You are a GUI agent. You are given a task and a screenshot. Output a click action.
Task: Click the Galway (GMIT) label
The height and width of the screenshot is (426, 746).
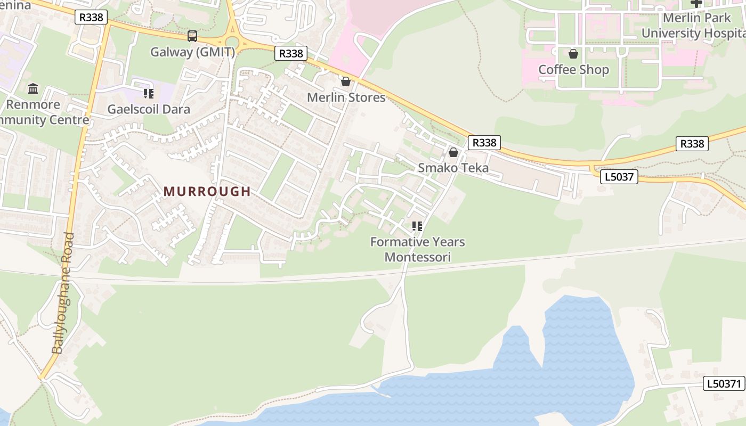coord(192,52)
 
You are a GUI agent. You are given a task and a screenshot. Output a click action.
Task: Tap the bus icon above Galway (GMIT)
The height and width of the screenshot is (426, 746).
coord(192,36)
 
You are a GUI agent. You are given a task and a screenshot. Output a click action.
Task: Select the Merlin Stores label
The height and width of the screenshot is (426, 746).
coord(346,97)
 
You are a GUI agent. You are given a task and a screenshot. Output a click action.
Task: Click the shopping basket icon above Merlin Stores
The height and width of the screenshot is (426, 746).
coord(346,81)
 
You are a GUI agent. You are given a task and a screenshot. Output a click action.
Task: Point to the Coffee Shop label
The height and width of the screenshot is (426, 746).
coord(573,70)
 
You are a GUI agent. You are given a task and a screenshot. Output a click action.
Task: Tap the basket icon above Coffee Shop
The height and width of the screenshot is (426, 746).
coord(573,54)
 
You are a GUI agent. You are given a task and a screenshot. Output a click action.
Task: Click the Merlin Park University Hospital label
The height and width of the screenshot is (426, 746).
coord(693,26)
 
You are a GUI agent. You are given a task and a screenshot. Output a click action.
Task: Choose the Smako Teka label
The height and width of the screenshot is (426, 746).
coord(453,168)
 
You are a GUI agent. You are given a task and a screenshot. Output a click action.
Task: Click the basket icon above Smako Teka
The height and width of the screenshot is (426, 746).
coord(453,152)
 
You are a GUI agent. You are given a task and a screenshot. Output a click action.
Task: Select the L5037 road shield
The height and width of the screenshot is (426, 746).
coord(619,176)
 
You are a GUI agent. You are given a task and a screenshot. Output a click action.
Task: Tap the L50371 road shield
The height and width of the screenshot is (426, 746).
coord(724,383)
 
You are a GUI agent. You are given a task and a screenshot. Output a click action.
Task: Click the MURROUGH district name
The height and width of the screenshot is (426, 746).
coord(207,191)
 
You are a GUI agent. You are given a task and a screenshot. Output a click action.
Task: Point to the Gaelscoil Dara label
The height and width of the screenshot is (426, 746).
coord(149,109)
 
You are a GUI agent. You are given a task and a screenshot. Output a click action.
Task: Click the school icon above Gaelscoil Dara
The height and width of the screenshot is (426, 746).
coord(149,94)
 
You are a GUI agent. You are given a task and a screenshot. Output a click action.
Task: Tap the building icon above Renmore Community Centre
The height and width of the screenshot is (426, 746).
coord(33,88)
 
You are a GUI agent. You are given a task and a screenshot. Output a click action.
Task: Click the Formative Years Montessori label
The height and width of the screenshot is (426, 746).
coord(418,249)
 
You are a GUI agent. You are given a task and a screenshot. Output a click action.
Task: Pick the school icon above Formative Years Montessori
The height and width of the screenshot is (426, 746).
coord(417,226)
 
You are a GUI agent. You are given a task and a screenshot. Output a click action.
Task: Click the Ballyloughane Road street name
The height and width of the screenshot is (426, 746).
coord(62,293)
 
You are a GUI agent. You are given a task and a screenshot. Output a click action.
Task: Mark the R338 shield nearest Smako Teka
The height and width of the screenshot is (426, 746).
coord(484,142)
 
